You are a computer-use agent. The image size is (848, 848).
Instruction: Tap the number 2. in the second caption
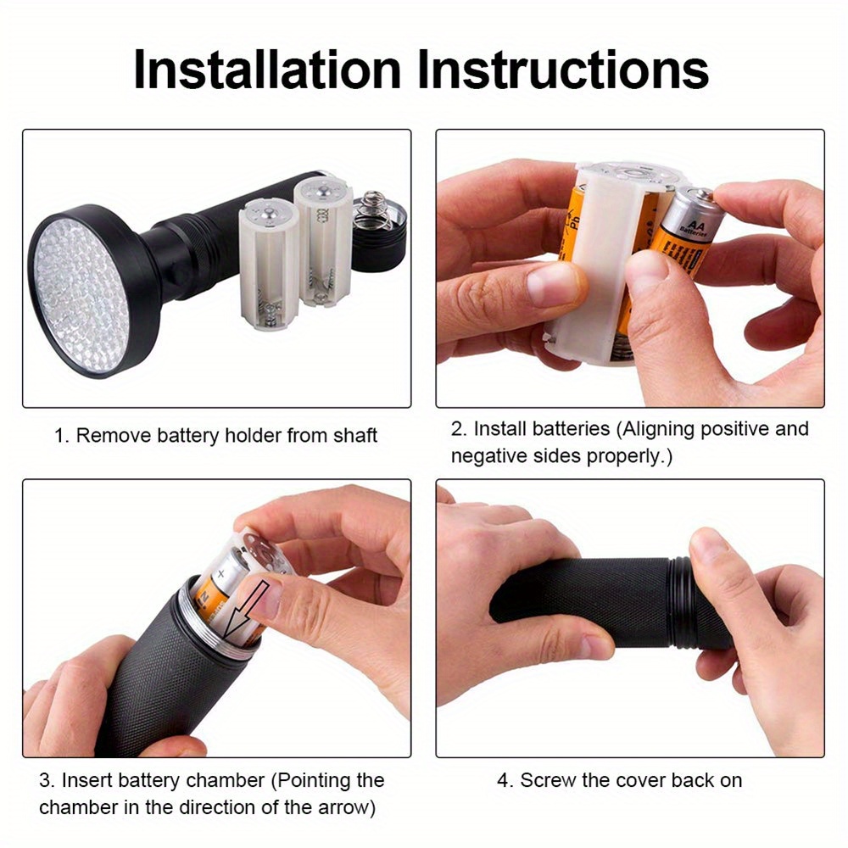458,429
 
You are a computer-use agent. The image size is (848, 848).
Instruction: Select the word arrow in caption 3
332,807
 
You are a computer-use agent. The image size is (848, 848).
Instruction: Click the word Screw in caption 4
545,780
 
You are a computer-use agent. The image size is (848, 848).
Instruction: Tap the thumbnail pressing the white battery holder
552,284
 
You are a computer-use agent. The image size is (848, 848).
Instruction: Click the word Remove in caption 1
108,436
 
